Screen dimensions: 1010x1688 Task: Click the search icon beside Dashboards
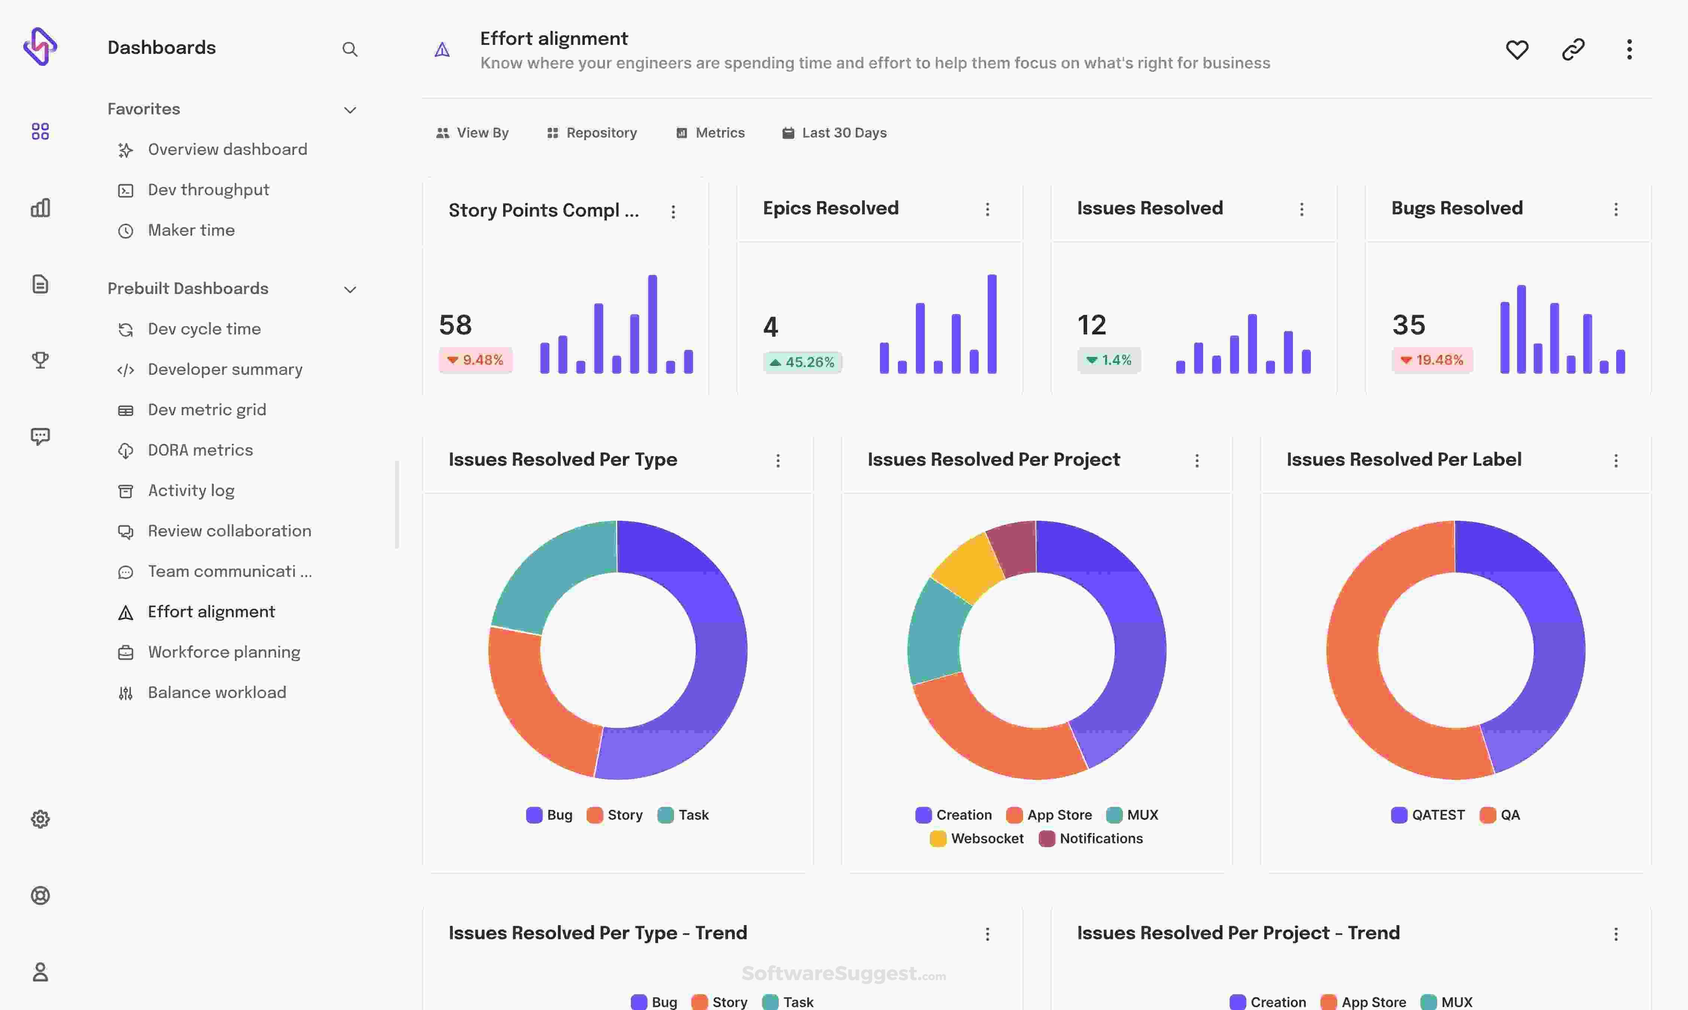(350, 49)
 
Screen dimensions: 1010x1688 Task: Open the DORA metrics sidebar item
(200, 450)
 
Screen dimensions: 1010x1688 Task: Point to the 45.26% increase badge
(802, 362)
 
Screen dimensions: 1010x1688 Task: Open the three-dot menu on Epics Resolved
(987, 209)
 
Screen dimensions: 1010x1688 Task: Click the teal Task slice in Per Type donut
(544, 572)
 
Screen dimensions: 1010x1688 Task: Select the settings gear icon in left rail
(40, 819)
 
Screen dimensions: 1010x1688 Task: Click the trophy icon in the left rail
(40, 359)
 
